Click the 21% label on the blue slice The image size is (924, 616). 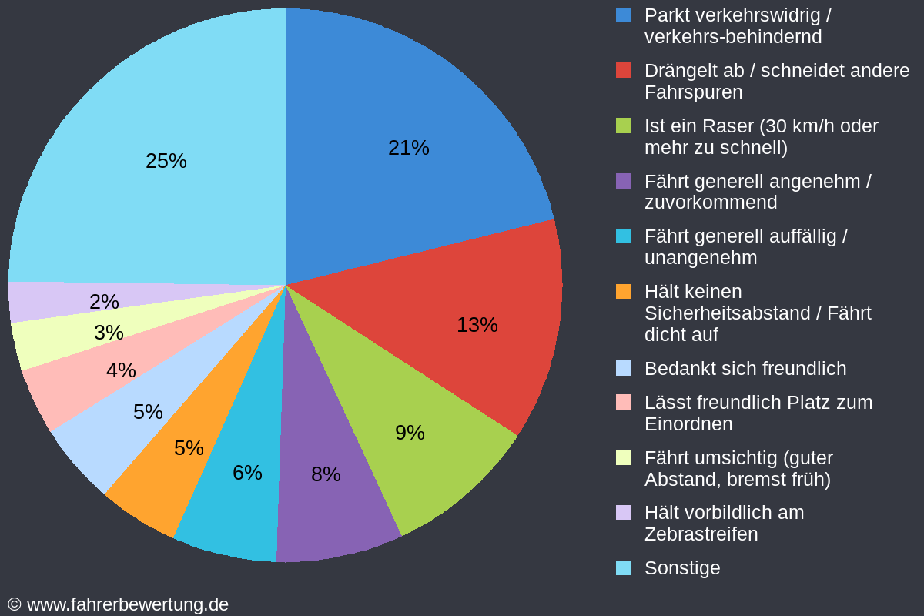408,148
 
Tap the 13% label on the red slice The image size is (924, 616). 477,325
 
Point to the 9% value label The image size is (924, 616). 410,433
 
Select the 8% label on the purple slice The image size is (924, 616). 326,474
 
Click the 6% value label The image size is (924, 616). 247,473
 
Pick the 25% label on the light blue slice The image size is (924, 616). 166,161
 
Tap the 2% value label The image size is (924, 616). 104,302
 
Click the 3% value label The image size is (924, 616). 109,333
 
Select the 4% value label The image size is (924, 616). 121,370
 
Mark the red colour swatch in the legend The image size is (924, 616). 624,71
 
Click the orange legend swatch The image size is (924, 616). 624,292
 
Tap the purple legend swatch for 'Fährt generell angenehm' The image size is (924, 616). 624,182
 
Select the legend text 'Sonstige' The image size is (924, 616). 682,568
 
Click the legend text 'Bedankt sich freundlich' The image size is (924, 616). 745,369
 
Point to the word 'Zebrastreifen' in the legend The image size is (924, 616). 701,534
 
